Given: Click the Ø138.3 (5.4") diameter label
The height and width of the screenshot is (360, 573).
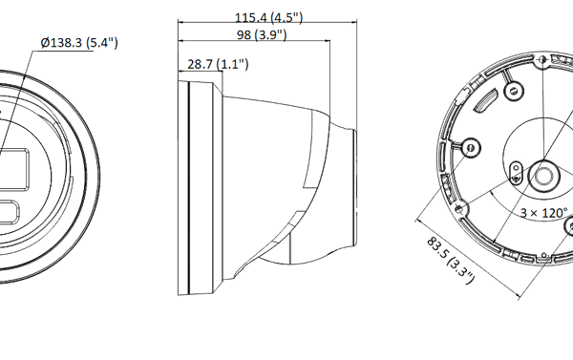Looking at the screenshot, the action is (x=79, y=43).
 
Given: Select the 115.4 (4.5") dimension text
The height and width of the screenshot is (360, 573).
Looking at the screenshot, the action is (x=268, y=17).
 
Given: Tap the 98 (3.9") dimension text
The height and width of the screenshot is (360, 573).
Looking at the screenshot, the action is (x=262, y=34).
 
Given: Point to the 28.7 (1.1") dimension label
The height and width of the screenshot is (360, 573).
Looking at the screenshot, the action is (x=218, y=64).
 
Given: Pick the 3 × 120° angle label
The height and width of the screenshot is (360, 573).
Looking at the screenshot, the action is (x=543, y=213).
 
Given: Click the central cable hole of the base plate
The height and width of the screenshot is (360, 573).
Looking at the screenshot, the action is (x=544, y=176).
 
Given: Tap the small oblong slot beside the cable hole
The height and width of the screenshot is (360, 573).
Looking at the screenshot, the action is (x=516, y=173).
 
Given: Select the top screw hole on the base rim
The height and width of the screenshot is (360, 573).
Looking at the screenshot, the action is (x=543, y=59).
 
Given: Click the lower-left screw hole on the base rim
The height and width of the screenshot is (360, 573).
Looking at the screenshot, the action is (x=459, y=209).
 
